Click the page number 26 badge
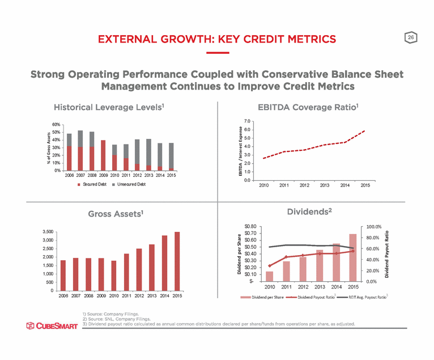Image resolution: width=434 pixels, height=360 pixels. coord(410,37)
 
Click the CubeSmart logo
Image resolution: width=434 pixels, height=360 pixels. coord(52,325)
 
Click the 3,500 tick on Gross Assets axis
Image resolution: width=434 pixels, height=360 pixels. coord(48,232)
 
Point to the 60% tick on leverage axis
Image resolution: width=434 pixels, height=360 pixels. coord(56,125)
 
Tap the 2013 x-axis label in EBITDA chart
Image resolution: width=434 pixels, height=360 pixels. coord(325,185)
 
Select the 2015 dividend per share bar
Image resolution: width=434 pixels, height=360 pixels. coord(352,257)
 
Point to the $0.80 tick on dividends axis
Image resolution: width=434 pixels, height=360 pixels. coord(249,227)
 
